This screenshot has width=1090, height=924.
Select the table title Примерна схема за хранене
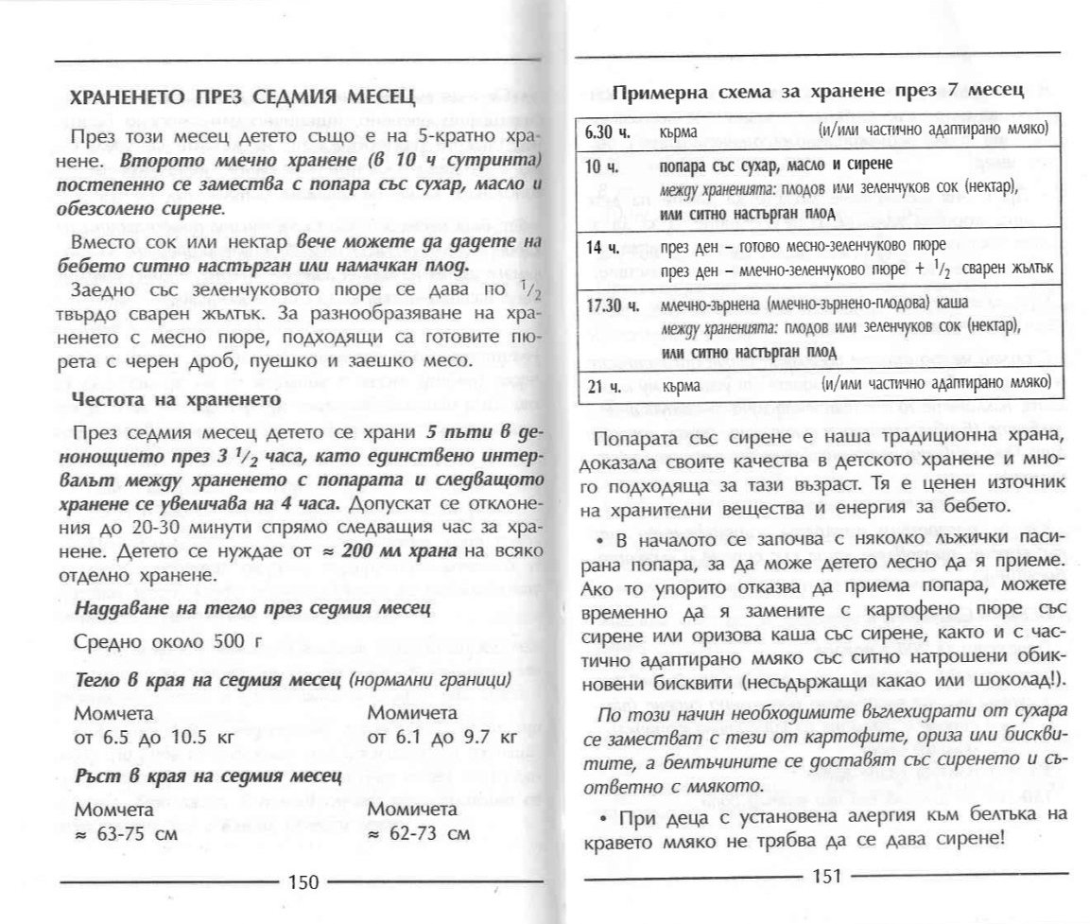(819, 92)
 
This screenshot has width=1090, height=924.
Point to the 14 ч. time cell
(596, 248)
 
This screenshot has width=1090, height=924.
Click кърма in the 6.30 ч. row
(682, 130)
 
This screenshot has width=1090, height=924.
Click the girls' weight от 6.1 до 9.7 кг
(441, 737)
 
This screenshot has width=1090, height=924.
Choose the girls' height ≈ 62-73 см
(417, 835)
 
